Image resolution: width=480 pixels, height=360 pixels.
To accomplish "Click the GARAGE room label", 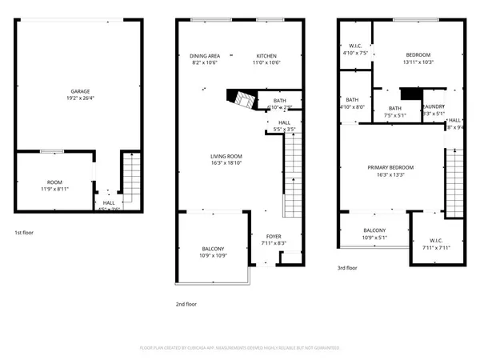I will coord(79,93).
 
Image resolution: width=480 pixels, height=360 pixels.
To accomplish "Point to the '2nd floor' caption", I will coord(186,304).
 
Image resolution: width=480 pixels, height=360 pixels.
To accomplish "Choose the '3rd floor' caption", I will coord(346,268).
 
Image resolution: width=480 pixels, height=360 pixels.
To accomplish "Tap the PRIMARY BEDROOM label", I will coord(391,167).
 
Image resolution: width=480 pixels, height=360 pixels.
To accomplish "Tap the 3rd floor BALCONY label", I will coord(375,230).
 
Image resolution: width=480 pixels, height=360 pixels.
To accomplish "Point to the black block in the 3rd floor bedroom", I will coord(410,94).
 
